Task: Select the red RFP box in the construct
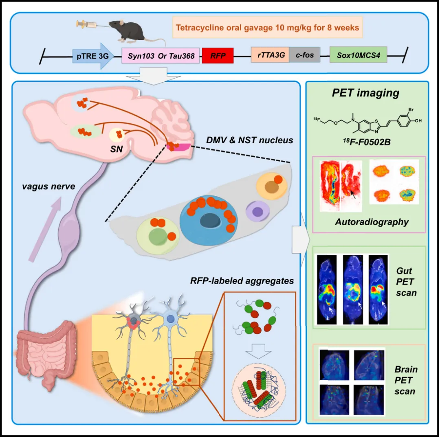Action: (x=218, y=55)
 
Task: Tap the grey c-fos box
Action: (x=305, y=55)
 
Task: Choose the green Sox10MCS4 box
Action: (x=359, y=55)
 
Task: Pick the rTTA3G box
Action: (x=270, y=55)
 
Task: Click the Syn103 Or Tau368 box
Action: (x=161, y=55)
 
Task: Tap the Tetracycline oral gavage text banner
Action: (x=267, y=28)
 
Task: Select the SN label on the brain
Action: (x=117, y=149)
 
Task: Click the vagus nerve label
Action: (x=48, y=186)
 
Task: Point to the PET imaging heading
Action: (x=365, y=93)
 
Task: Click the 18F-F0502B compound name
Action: (x=367, y=142)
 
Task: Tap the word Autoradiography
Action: (x=372, y=222)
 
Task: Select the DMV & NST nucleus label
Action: (x=249, y=140)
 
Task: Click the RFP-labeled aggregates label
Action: (x=242, y=281)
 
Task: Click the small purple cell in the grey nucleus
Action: (x=257, y=211)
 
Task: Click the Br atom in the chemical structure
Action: (x=411, y=110)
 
